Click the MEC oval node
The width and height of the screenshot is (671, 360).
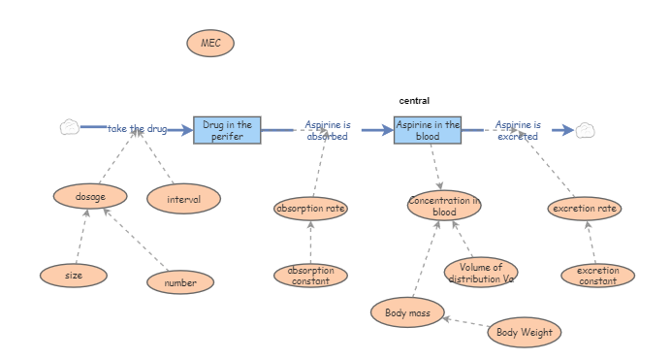click(x=210, y=43)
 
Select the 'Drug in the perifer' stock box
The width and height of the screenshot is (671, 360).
click(x=227, y=130)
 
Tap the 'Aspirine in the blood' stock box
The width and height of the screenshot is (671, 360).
click(x=428, y=130)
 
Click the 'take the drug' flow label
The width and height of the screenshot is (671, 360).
click(x=138, y=128)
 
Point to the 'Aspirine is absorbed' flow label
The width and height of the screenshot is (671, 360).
click(x=328, y=130)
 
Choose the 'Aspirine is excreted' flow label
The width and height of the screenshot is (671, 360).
click(x=518, y=130)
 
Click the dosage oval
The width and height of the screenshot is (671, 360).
click(x=90, y=196)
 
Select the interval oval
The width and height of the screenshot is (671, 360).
click(x=183, y=200)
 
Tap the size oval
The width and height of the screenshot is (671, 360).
click(x=74, y=276)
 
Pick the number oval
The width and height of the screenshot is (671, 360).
click(x=180, y=282)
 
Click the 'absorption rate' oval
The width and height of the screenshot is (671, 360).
click(x=310, y=208)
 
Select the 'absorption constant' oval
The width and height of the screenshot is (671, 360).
click(x=310, y=276)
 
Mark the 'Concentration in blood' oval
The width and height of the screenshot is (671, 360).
click(x=444, y=206)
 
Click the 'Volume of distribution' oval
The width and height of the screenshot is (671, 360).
click(x=481, y=273)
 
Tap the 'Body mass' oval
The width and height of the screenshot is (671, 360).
click(x=407, y=312)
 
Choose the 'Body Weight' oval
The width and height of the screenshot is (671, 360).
click(x=524, y=333)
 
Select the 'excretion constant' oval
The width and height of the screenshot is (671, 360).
click(x=597, y=276)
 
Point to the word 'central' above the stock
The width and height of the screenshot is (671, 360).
click(x=414, y=101)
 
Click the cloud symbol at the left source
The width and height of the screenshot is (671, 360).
click(x=69, y=127)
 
